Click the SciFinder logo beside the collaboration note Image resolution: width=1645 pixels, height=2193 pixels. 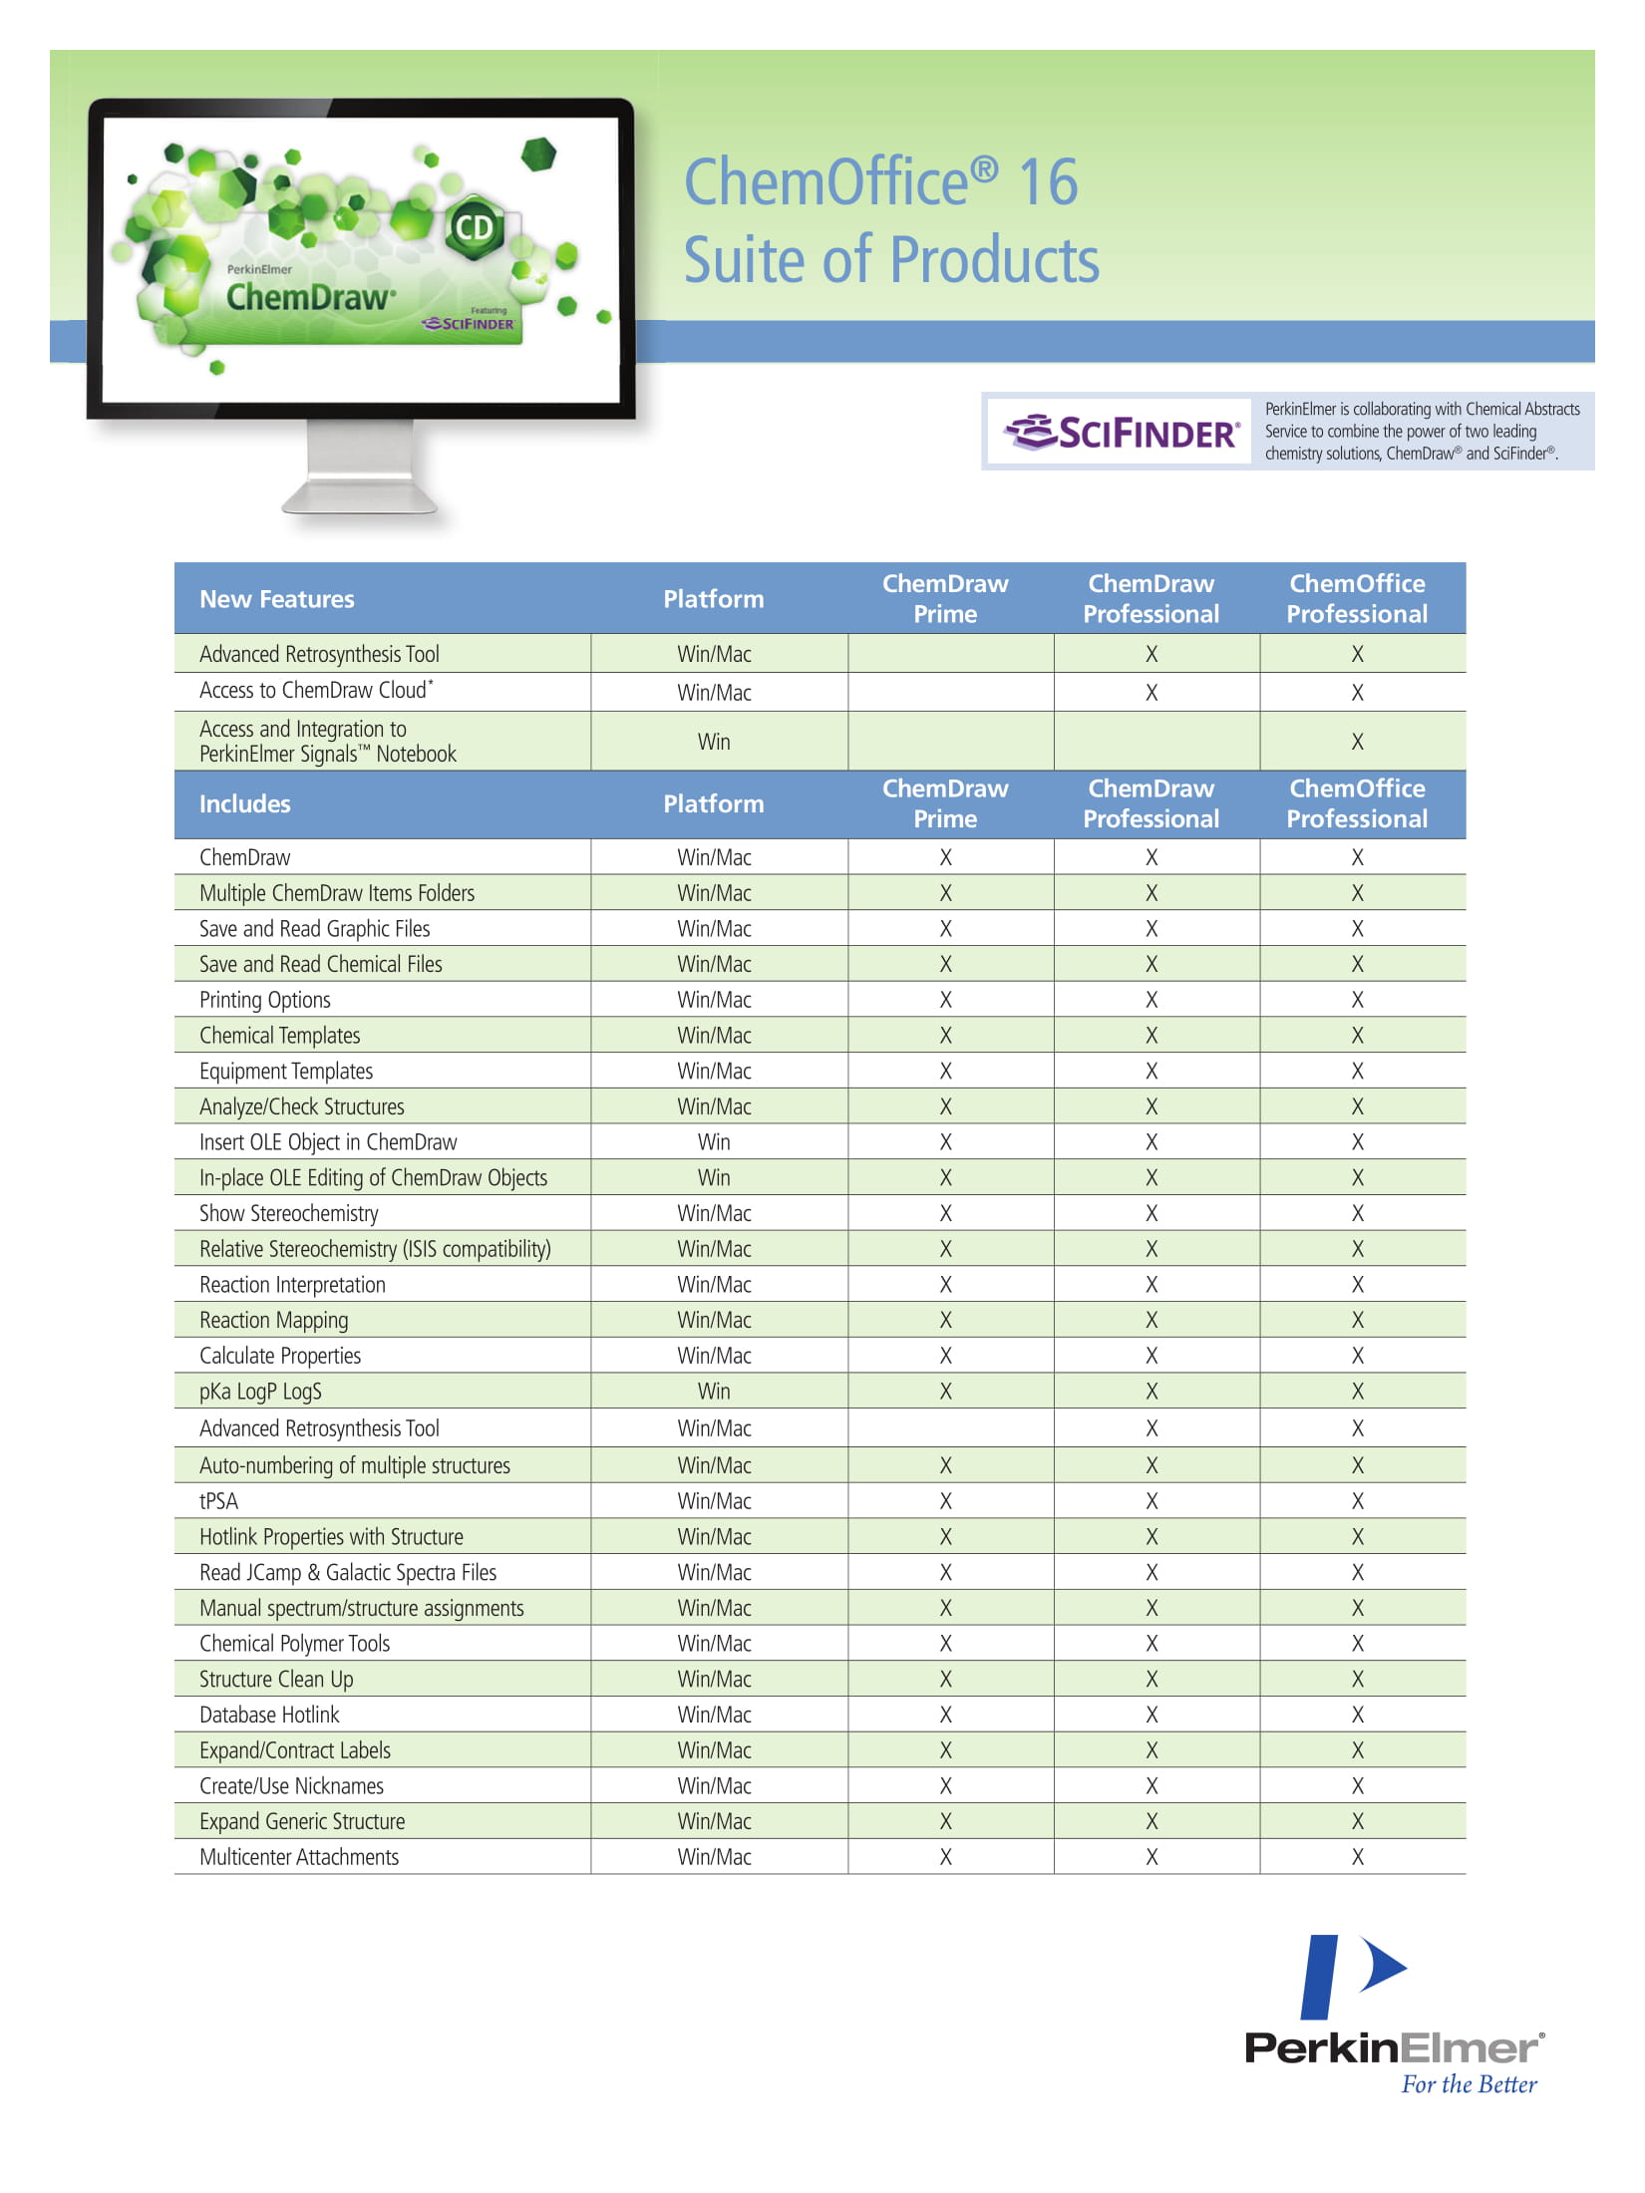tap(1123, 432)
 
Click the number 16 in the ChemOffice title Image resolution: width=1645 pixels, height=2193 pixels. tap(1048, 182)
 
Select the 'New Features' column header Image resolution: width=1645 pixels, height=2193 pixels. tap(277, 599)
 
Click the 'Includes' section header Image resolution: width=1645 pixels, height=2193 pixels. tap(245, 804)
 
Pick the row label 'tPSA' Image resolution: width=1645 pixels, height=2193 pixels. tap(219, 1501)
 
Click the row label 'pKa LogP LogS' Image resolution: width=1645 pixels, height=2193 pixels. tap(260, 1392)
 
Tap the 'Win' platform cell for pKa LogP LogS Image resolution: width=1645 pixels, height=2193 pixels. tap(714, 1392)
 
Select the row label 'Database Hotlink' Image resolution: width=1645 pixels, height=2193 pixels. tap(269, 1715)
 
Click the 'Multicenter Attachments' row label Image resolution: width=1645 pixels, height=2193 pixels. tap(299, 1857)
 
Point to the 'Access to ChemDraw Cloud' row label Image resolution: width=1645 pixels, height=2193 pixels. tap(316, 691)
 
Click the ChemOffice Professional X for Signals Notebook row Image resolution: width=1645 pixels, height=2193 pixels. tap(1357, 742)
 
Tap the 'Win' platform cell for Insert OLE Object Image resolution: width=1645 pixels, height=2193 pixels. tap(714, 1142)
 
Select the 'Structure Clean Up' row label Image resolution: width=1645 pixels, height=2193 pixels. tap(276, 1680)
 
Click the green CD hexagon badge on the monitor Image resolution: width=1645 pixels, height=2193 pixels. tap(474, 228)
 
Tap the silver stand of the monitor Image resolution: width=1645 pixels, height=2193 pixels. tap(360, 469)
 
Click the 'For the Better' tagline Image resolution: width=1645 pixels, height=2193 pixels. tap(1469, 2084)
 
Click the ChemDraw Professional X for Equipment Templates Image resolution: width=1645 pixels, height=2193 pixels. tap(1151, 1072)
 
